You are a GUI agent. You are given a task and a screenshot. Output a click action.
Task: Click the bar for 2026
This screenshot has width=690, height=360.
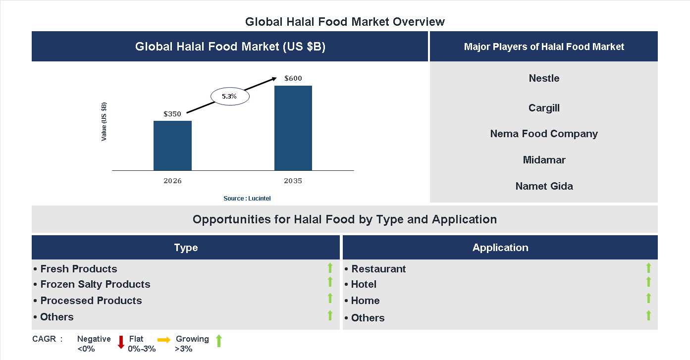click(x=172, y=146)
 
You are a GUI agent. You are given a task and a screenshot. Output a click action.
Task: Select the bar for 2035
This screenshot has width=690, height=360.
click(x=293, y=128)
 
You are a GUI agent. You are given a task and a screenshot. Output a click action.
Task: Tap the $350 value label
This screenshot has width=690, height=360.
click(x=172, y=114)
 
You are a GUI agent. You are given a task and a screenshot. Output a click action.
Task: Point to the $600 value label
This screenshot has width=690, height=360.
click(x=293, y=78)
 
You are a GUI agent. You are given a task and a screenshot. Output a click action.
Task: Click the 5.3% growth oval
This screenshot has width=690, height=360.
click(x=230, y=97)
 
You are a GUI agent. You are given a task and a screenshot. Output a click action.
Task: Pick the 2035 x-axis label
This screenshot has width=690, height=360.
click(x=293, y=181)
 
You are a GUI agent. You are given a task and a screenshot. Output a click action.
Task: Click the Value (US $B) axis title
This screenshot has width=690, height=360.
click(x=104, y=121)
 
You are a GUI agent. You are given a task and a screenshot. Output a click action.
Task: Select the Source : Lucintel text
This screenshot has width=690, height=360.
click(x=247, y=199)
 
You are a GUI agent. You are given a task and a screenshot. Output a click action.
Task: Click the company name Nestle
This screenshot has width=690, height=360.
click(x=544, y=78)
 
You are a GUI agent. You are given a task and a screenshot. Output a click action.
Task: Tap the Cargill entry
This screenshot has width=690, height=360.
click(x=544, y=108)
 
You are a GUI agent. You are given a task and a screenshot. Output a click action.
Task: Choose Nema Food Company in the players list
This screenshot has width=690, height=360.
click(x=544, y=134)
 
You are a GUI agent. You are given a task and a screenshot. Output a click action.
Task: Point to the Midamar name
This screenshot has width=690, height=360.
click(x=544, y=160)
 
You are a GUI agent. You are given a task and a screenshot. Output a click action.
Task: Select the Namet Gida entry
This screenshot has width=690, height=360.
click(x=544, y=186)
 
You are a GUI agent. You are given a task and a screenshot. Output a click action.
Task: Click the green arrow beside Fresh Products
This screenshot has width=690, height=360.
click(x=330, y=268)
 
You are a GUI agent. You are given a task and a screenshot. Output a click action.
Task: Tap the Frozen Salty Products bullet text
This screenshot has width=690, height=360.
click(x=95, y=284)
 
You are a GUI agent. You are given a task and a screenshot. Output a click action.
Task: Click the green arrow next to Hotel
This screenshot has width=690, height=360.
click(x=648, y=282)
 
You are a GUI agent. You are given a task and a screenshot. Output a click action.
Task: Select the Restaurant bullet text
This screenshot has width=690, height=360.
click(x=378, y=269)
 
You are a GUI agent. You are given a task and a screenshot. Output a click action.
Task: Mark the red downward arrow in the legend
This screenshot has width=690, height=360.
click(x=121, y=342)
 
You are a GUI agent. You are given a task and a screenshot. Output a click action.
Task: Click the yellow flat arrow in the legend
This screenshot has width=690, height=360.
click(x=164, y=340)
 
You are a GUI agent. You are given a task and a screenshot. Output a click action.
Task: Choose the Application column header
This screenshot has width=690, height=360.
click(x=500, y=248)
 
